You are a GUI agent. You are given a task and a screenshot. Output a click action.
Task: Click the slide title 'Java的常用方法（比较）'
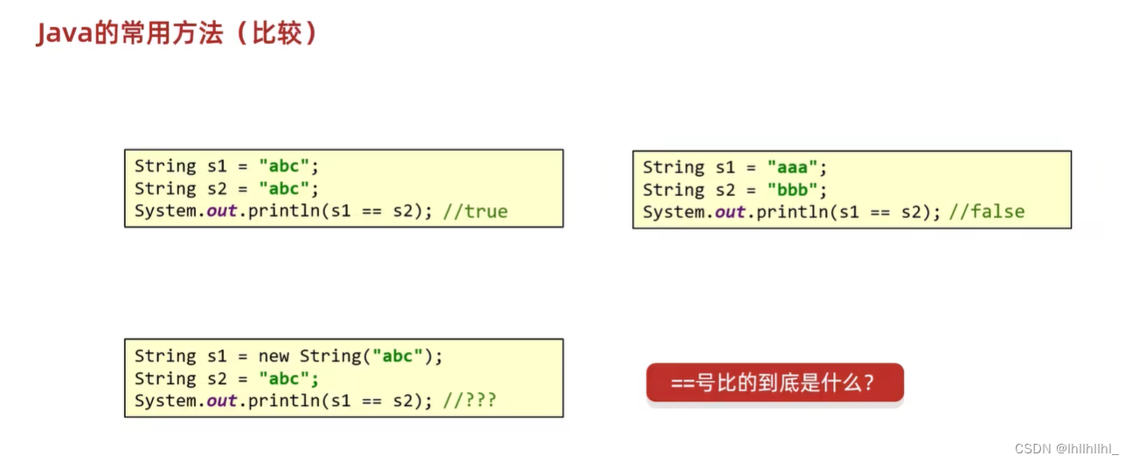click(x=176, y=33)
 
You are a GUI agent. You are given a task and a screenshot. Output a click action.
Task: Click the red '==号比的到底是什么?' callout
click(x=774, y=382)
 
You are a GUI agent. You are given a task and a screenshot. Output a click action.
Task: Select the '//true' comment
click(x=476, y=211)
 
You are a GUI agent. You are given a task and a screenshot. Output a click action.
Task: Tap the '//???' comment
click(x=470, y=401)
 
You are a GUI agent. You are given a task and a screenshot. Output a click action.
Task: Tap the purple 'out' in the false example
click(x=731, y=212)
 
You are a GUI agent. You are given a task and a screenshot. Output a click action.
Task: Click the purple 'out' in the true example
click(x=222, y=211)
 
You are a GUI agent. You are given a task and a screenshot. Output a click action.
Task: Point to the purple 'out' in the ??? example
click(x=222, y=401)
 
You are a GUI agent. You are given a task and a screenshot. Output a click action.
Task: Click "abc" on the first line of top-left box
click(x=284, y=166)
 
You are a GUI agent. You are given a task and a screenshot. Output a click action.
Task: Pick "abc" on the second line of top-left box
click(x=284, y=189)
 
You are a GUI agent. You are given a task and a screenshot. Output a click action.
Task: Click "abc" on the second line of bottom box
click(x=284, y=379)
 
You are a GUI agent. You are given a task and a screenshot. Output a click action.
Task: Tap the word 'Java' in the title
click(x=58, y=33)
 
